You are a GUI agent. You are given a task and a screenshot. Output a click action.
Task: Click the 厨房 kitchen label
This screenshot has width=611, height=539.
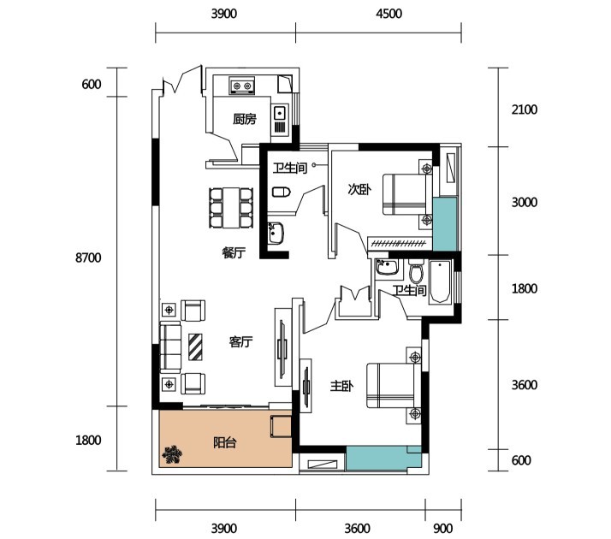(245, 119)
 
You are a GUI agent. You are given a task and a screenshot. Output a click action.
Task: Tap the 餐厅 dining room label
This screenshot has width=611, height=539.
(234, 253)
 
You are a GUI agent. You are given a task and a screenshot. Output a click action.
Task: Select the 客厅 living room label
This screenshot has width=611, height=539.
(240, 342)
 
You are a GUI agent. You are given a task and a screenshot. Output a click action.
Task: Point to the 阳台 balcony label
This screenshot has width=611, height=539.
(225, 443)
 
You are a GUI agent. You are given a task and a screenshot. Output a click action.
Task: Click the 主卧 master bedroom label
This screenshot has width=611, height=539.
(341, 386)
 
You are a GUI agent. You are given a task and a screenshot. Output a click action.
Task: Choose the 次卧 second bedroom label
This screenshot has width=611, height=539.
(359, 190)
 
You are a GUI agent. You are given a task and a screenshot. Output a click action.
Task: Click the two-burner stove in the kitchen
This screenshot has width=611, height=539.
(241, 86)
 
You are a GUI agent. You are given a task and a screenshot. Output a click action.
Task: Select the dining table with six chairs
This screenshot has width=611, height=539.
(231, 208)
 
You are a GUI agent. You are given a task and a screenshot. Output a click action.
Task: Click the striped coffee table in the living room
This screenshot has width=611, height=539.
(195, 347)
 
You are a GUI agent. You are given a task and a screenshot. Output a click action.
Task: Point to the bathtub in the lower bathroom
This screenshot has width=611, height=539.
(440, 282)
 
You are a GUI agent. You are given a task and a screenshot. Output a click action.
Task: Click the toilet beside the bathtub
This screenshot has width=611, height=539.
(417, 271)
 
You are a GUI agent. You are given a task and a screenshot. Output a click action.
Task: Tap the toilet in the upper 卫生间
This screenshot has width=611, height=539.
(282, 192)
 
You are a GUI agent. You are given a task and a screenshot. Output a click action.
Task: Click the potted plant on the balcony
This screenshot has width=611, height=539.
(172, 454)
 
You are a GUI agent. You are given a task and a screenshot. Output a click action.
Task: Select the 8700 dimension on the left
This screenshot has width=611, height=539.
(88, 258)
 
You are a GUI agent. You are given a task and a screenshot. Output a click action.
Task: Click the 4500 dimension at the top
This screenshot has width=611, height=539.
(389, 14)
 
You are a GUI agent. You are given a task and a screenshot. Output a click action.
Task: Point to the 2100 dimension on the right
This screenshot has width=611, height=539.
(524, 110)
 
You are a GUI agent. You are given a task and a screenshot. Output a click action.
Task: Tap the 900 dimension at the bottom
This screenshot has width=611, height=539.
(443, 529)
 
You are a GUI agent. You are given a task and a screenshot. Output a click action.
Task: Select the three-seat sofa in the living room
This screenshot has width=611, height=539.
(170, 347)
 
